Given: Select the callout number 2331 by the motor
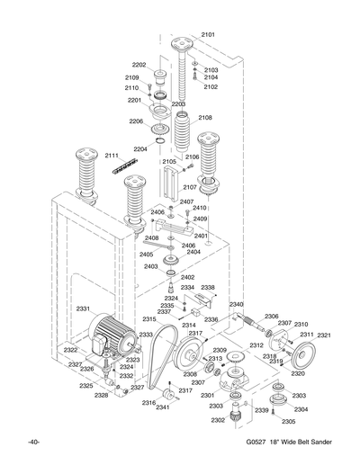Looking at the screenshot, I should [x=82, y=309].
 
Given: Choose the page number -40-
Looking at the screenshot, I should [x=32, y=443].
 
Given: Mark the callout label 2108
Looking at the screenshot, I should [x=205, y=118].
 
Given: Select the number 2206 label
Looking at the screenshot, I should [x=136, y=121].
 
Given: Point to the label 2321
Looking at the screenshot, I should [x=324, y=335].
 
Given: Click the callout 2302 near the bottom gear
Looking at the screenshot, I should [x=218, y=420].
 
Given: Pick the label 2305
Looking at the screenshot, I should [x=288, y=421].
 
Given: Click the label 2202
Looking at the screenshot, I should [x=139, y=65].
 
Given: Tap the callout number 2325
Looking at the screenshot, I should [x=85, y=386].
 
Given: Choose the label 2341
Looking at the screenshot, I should [x=162, y=407].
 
